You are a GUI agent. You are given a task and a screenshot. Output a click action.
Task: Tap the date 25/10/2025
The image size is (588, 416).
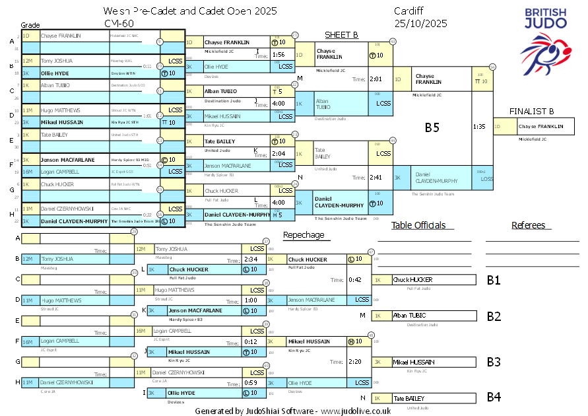[420, 23]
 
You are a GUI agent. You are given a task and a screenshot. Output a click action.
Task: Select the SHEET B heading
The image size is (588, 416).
[341, 35]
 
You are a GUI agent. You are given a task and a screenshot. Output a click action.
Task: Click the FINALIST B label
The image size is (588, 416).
[531, 111]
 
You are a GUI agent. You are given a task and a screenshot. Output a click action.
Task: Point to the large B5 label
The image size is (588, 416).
[432, 127]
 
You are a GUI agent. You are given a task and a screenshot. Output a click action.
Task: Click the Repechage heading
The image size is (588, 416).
[304, 235]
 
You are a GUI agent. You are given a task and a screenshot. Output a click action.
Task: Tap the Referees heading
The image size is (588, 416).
[529, 225]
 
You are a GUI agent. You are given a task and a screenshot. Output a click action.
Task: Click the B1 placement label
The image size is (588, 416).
[494, 280]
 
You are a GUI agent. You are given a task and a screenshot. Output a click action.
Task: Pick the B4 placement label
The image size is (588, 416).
[494, 398]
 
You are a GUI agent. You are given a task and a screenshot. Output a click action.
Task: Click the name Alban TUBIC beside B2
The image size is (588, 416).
[408, 316]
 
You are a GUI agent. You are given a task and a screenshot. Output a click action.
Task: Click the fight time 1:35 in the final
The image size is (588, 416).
[479, 126]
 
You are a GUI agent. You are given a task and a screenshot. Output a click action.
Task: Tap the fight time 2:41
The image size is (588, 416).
[376, 177]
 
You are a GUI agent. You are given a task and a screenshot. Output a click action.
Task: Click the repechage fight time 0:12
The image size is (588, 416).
[250, 341]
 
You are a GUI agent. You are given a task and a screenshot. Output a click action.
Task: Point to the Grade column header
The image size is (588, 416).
[30, 24]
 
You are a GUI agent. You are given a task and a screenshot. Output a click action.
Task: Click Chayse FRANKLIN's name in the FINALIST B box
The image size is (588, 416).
[540, 126]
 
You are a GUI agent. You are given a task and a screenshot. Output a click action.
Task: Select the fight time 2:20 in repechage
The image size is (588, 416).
[355, 361]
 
